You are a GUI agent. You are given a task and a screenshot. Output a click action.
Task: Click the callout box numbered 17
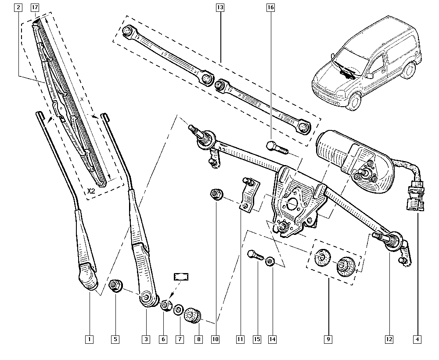35,7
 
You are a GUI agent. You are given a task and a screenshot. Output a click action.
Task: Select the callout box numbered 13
220,7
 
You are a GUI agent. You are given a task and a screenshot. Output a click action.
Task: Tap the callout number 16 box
270,7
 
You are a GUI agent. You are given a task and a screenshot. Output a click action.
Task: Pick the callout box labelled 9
328,339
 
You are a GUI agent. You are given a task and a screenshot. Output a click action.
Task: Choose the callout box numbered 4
417,339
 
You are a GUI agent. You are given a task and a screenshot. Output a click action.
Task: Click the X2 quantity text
91,191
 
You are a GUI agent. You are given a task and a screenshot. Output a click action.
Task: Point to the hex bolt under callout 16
277,148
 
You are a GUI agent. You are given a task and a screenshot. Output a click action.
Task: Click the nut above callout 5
115,286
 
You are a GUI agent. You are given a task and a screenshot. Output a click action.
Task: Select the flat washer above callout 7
178,310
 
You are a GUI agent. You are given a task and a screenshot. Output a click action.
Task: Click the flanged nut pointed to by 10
216,194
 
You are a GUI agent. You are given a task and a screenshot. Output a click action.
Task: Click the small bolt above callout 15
255,256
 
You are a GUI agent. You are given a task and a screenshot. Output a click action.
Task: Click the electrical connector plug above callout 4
415,196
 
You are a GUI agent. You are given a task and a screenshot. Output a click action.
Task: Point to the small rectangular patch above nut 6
181,277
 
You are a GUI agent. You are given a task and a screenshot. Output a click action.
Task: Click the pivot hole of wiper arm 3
146,297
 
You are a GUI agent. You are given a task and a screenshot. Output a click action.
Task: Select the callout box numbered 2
18,7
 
